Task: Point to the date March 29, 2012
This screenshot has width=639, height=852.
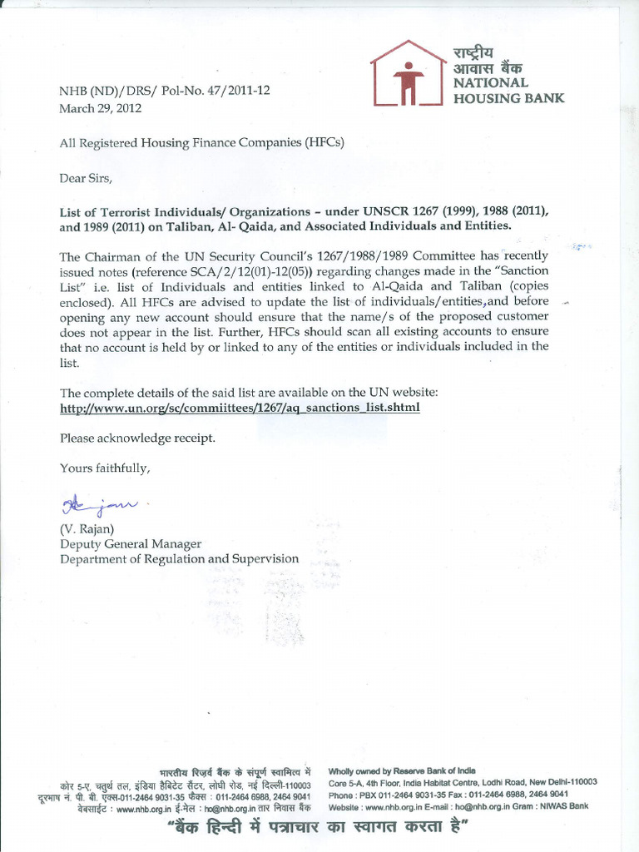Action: click(101, 107)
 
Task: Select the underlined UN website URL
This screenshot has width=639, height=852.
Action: click(240, 408)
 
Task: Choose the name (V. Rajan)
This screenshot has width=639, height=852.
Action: click(87, 528)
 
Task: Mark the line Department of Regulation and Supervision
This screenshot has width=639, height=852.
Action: click(179, 558)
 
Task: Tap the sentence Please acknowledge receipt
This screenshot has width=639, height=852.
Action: click(137, 438)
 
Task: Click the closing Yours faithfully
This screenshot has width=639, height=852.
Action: click(105, 468)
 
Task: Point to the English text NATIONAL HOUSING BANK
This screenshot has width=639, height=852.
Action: click(508, 90)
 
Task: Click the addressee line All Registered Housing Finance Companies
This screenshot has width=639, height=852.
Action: click(201, 142)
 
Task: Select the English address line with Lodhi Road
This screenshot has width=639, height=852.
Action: click(463, 782)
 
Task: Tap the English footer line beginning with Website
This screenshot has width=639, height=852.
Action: click(458, 806)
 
